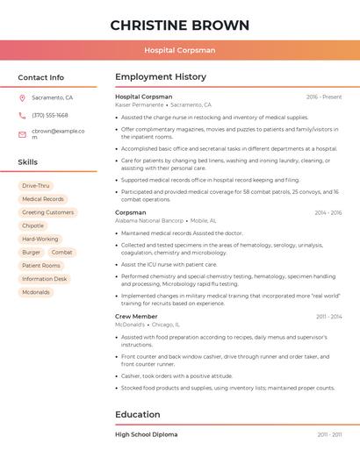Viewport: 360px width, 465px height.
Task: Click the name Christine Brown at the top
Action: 179,25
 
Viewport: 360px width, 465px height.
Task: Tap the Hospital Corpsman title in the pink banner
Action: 179,51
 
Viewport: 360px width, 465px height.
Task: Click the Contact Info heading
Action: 41,77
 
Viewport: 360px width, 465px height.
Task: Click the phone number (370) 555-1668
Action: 50,115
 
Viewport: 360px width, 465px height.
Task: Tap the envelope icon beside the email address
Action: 22,134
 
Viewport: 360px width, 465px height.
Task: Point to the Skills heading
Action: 28,162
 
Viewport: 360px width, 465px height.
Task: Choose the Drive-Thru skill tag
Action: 36,186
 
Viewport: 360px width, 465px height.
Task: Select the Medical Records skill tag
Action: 43,199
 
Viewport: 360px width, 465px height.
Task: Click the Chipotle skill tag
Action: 32,225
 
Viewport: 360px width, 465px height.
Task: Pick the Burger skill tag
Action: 32,252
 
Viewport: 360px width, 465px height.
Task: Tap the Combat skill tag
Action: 61,252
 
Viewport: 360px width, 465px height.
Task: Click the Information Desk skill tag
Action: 45,279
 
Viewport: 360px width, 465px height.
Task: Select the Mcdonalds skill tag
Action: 36,292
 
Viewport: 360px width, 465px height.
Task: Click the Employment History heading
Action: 161,77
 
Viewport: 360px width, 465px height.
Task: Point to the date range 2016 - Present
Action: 324,97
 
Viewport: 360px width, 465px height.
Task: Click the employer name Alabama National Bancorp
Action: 149,220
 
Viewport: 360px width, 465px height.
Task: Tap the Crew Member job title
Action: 136,316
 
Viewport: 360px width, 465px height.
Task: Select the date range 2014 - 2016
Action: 328,212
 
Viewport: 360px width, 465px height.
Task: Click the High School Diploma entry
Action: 146,434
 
